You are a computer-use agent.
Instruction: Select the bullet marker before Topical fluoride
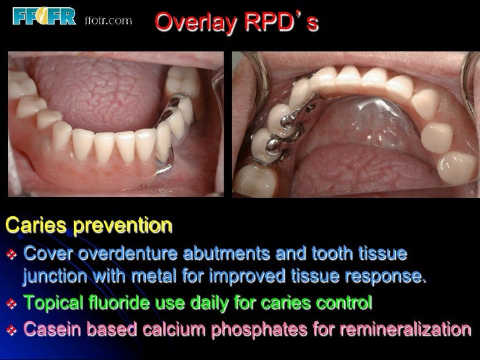(x=11, y=303)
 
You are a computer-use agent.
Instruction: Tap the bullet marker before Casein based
(x=11, y=328)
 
